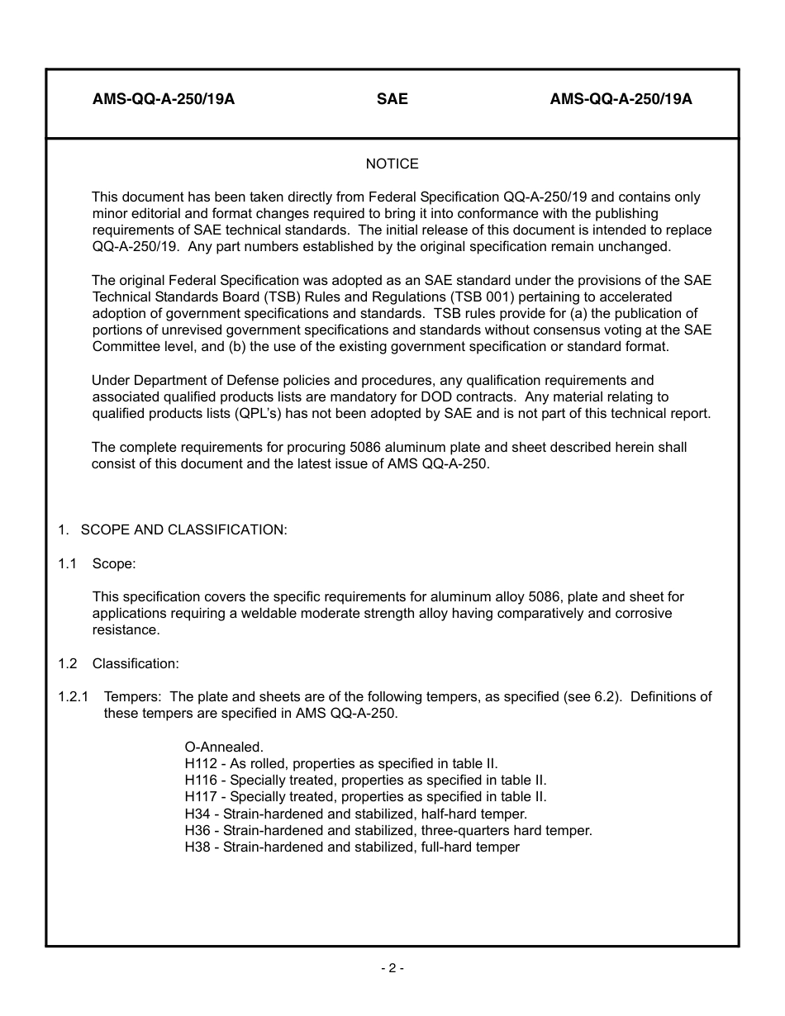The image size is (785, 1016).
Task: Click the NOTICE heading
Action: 392,164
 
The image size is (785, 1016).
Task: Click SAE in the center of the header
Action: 392,99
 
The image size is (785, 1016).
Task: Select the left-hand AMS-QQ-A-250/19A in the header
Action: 164,99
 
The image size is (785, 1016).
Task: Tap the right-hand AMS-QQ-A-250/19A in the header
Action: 621,99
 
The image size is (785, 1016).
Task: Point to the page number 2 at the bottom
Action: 392,968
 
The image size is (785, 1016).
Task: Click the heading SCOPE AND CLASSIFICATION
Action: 183,529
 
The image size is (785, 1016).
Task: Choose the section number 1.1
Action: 67,563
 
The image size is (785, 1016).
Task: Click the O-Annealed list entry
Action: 224,747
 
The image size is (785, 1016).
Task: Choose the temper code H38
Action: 197,847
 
